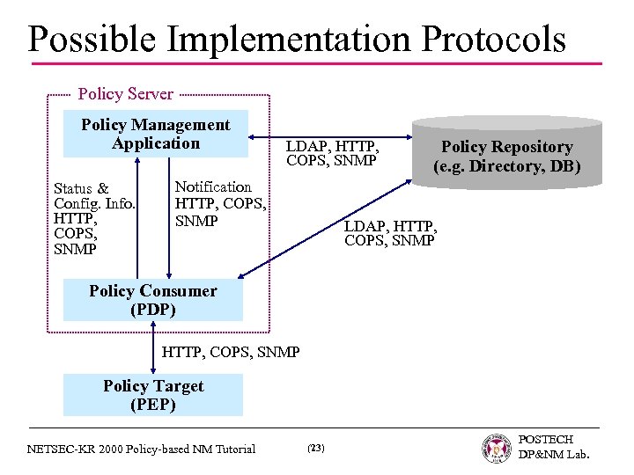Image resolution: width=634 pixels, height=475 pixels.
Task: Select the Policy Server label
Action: coord(126,93)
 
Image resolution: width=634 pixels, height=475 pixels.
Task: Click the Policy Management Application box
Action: coord(155,135)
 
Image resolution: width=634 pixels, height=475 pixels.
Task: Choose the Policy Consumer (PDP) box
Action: coord(153,301)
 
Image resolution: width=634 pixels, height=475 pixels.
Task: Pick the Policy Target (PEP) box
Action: coord(153,396)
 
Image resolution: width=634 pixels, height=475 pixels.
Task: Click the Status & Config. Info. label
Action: coord(94,196)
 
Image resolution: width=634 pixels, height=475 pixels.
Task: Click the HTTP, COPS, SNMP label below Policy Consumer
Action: coord(231,352)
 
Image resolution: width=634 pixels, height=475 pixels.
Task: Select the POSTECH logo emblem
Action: coord(497,448)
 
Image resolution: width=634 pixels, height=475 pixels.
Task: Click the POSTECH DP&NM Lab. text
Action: coord(553,447)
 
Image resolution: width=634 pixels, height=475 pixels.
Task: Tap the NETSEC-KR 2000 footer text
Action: coord(141,449)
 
